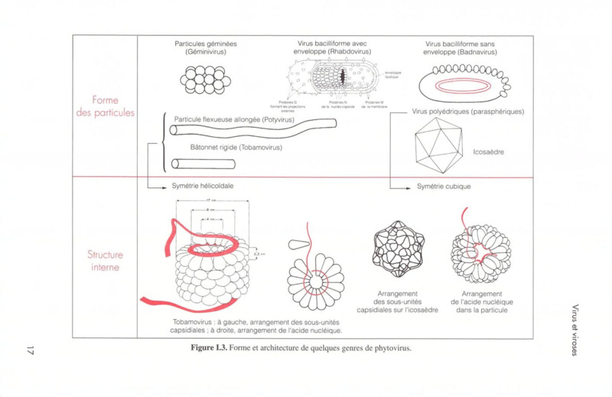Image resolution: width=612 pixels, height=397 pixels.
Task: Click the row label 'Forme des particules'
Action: coord(105,106)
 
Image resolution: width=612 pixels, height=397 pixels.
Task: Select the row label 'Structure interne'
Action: coord(105,261)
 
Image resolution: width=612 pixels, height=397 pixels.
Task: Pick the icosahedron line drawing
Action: coord(438,144)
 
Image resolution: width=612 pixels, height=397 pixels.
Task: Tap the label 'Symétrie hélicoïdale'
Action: coord(202,186)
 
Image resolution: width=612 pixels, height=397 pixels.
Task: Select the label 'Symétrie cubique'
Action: coord(444,186)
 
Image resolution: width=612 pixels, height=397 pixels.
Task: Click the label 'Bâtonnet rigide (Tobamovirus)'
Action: coord(236,147)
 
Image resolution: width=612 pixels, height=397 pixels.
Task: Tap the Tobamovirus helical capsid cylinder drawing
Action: coord(210,264)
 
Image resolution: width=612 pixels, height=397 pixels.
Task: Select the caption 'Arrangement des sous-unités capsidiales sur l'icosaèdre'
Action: coord(397,301)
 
